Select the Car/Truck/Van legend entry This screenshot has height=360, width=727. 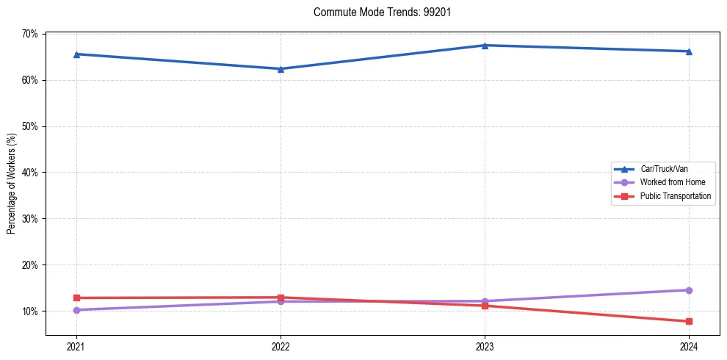pyautogui.click(x=664, y=168)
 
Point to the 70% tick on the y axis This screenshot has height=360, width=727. pyautogui.click(x=31, y=34)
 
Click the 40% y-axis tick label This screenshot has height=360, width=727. pyautogui.click(x=31, y=173)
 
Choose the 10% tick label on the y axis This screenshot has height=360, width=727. pyautogui.click(x=31, y=312)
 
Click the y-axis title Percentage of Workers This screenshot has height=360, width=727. pyautogui.click(x=12, y=184)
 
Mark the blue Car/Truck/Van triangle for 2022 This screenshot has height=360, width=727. pyautogui.click(x=281, y=69)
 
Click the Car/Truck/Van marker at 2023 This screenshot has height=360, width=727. pyautogui.click(x=485, y=46)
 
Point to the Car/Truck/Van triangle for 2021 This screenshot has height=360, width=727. pyautogui.click(x=76, y=54)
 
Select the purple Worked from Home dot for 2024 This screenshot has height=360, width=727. pyautogui.click(x=689, y=290)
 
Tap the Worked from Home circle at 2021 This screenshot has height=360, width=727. pyautogui.click(x=76, y=310)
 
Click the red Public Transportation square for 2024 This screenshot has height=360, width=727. pyautogui.click(x=689, y=321)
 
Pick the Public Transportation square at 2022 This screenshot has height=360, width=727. pyautogui.click(x=281, y=298)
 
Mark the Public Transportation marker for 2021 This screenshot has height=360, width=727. pyautogui.click(x=76, y=298)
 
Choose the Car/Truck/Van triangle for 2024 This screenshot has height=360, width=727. pyautogui.click(x=689, y=51)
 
